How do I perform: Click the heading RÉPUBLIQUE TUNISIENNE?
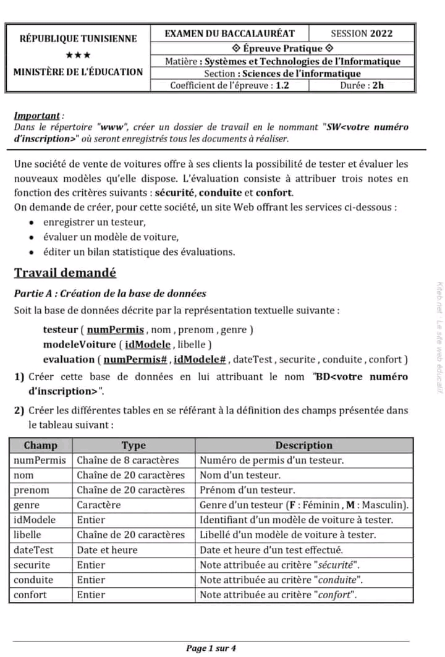click(x=78, y=38)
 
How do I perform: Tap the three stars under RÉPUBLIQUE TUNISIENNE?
click(x=78, y=55)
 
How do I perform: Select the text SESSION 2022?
click(x=362, y=33)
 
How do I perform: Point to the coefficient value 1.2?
click(x=282, y=85)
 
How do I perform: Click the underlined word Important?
click(x=37, y=116)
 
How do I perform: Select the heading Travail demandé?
click(x=65, y=273)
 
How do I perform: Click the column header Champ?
click(x=41, y=445)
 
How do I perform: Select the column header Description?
click(x=303, y=445)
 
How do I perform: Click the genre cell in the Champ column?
click(x=26, y=505)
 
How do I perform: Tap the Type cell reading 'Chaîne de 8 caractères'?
click(x=128, y=460)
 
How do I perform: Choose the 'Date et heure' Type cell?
click(x=107, y=549)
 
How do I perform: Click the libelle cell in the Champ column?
click(x=27, y=535)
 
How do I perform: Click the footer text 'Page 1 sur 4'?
click(x=211, y=648)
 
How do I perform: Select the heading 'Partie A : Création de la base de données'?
click(x=110, y=294)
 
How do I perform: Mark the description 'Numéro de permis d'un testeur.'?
click(x=272, y=460)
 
